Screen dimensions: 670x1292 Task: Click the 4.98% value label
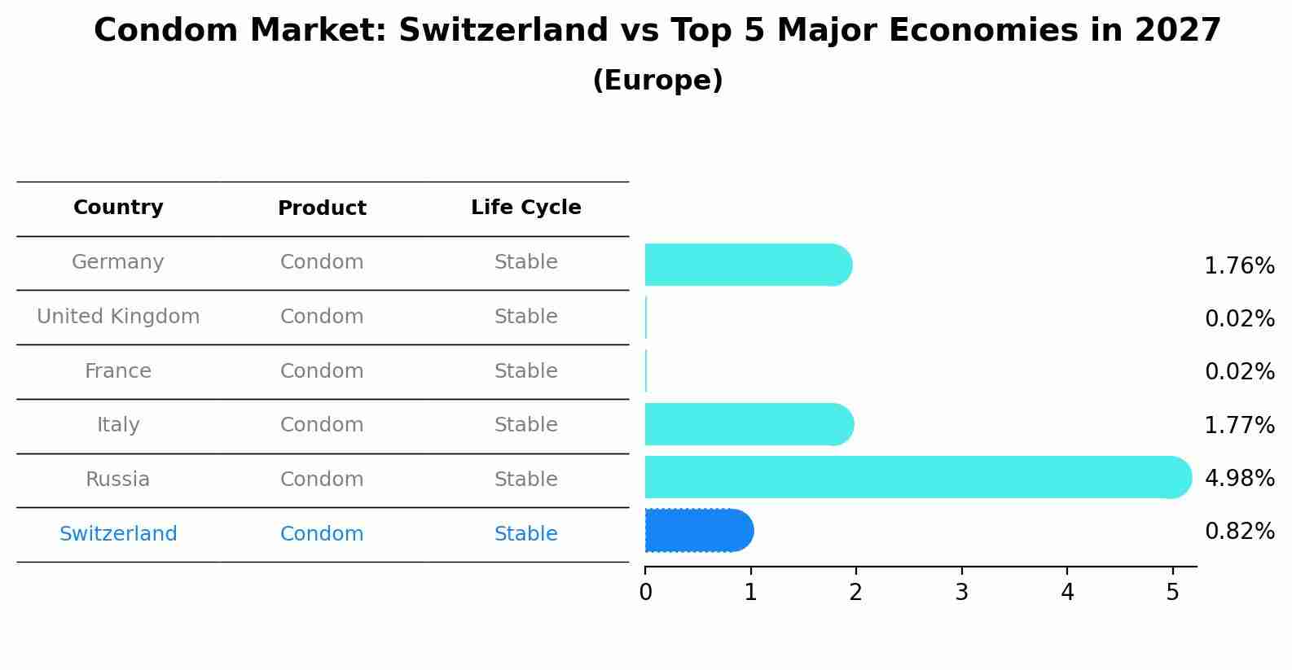1239,478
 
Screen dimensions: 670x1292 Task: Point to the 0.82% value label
1239,532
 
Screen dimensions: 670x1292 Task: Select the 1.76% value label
1239,266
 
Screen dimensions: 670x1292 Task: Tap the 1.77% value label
1239,425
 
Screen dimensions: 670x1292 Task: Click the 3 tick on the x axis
961,593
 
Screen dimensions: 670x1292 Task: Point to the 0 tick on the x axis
645,593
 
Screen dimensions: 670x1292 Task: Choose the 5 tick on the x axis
1172,593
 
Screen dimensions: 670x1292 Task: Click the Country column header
118,208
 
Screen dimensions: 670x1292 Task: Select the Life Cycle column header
525,208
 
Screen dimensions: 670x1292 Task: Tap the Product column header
322,208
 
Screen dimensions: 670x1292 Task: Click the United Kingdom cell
118,317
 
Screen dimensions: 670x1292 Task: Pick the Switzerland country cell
118,534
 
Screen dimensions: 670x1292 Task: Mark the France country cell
118,371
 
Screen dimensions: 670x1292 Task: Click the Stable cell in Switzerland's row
525,534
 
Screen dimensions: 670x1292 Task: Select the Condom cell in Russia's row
322,480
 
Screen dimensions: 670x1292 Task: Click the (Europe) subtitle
657,81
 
